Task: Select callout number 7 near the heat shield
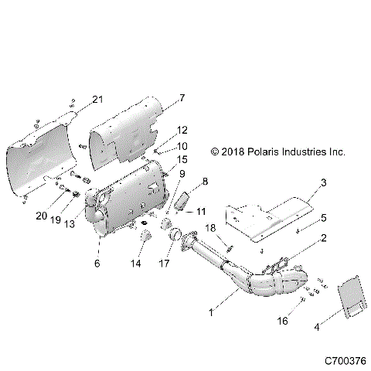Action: click(182, 98)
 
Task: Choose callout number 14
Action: click(138, 264)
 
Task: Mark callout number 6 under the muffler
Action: click(97, 263)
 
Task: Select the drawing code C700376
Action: click(344, 360)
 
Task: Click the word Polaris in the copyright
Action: click(263, 153)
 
